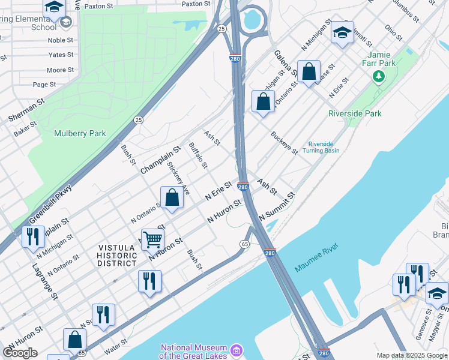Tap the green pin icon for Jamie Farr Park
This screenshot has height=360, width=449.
pyautogui.click(x=378, y=76)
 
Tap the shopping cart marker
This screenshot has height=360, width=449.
pyautogui.click(x=153, y=239)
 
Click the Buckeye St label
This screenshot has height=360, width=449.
pyautogui.click(x=283, y=143)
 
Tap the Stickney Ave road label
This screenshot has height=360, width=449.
pyautogui.click(x=179, y=178)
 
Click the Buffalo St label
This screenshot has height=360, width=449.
pyautogui.click(x=198, y=155)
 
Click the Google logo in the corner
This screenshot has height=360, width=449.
pyautogui.click(x=20, y=353)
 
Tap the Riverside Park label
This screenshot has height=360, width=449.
pyautogui.click(x=355, y=113)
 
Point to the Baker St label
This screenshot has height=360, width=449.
pyautogui.click(x=26, y=128)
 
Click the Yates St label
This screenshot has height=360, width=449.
pyautogui.click(x=61, y=55)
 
